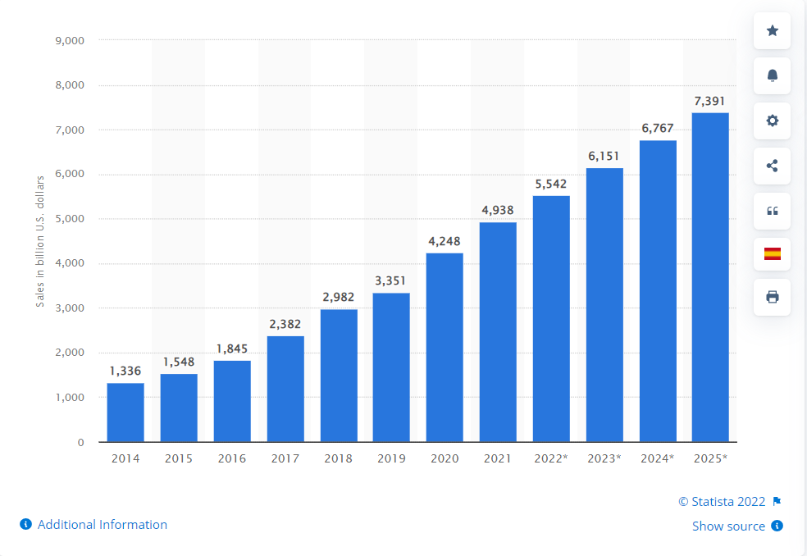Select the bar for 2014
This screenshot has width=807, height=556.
pos(125,412)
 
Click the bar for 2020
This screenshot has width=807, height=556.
pos(445,348)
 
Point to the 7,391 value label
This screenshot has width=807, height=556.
pos(709,101)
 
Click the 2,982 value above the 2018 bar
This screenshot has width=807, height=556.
pos(338,297)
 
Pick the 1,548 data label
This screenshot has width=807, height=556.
pos(179,362)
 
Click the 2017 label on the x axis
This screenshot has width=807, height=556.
pos(285,458)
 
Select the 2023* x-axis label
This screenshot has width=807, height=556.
pos(604,458)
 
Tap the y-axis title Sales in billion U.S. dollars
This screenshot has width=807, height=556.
pos(39,240)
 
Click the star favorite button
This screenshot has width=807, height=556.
pos(772,31)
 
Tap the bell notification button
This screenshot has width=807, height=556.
pos(772,75)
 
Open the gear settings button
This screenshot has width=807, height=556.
pos(772,121)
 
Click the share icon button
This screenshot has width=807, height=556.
pos(772,166)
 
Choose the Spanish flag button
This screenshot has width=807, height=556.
pos(772,253)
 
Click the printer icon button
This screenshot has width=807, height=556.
pos(772,297)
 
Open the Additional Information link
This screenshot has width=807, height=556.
pos(102,525)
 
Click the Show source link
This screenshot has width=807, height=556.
pos(728,526)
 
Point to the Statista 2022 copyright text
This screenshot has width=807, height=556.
pos(722,502)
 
